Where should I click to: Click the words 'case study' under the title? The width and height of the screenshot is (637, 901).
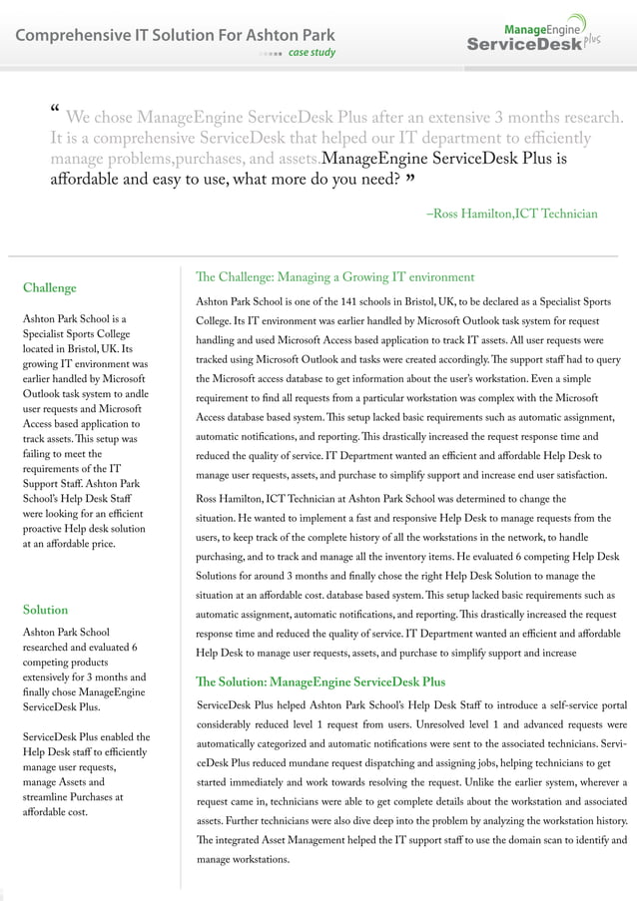coord(312,53)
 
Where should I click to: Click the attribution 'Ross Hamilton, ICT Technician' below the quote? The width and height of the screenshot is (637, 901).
coord(511,214)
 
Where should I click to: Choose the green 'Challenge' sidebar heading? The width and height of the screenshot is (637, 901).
coord(49,288)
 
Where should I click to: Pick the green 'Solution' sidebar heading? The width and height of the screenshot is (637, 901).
coord(45,610)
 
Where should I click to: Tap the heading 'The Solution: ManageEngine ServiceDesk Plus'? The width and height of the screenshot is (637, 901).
coord(320,682)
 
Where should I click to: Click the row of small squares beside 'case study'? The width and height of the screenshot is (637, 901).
coord(270,53)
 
